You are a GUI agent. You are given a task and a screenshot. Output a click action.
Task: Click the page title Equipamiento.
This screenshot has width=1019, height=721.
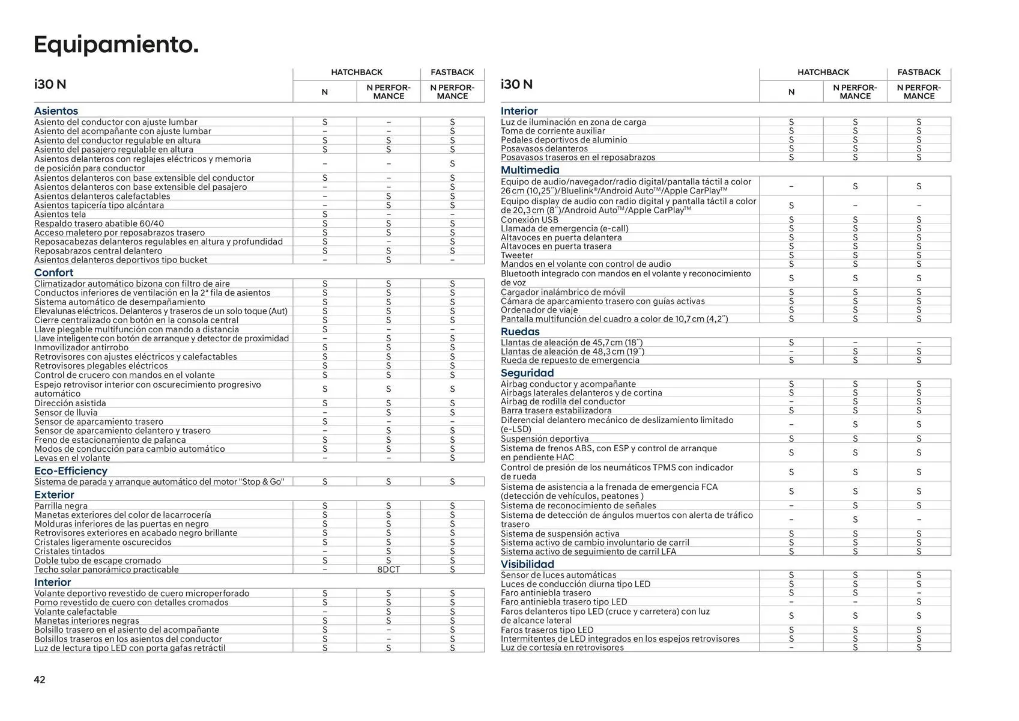click(116, 45)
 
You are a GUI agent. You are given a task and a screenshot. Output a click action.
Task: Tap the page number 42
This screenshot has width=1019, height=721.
click(40, 680)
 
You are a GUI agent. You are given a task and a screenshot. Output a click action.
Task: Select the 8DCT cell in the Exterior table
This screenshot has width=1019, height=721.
click(389, 570)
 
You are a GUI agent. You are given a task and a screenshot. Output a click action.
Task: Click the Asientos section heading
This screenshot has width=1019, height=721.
click(56, 111)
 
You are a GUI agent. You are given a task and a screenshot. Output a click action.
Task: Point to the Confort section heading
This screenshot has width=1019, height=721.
click(53, 272)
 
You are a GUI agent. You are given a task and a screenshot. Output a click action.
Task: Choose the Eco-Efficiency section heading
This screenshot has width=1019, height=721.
click(70, 470)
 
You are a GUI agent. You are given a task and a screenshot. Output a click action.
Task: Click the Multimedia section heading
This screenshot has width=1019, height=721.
click(530, 170)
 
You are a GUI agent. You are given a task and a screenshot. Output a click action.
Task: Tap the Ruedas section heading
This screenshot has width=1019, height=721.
click(520, 331)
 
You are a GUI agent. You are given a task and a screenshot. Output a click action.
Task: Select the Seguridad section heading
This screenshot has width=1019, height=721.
click(527, 373)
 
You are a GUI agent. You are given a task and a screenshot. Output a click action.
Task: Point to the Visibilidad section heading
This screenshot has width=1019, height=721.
click(527, 564)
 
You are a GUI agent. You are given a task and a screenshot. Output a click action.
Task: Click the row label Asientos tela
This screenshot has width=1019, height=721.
click(60, 214)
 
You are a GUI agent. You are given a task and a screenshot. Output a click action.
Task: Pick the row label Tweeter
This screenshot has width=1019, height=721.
click(517, 255)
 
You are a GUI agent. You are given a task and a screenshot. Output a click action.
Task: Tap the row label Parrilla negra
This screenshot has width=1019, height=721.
click(61, 506)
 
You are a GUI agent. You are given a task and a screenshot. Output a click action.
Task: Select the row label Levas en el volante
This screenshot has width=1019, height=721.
click(72, 458)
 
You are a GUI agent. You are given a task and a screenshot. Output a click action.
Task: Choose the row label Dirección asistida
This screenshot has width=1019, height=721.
click(70, 403)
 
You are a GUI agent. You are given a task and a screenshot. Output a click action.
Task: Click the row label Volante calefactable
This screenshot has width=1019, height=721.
click(75, 612)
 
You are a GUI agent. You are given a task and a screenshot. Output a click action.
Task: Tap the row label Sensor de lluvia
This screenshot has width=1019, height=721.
click(65, 412)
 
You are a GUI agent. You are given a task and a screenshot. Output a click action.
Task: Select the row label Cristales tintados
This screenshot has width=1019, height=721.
click(69, 551)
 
